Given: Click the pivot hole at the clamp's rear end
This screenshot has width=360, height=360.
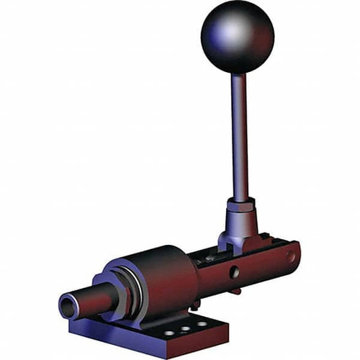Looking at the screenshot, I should pos(290,256).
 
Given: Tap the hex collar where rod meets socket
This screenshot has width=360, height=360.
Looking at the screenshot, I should pos(240,205).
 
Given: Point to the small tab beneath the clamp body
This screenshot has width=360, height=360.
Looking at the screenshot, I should pos(236,290).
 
